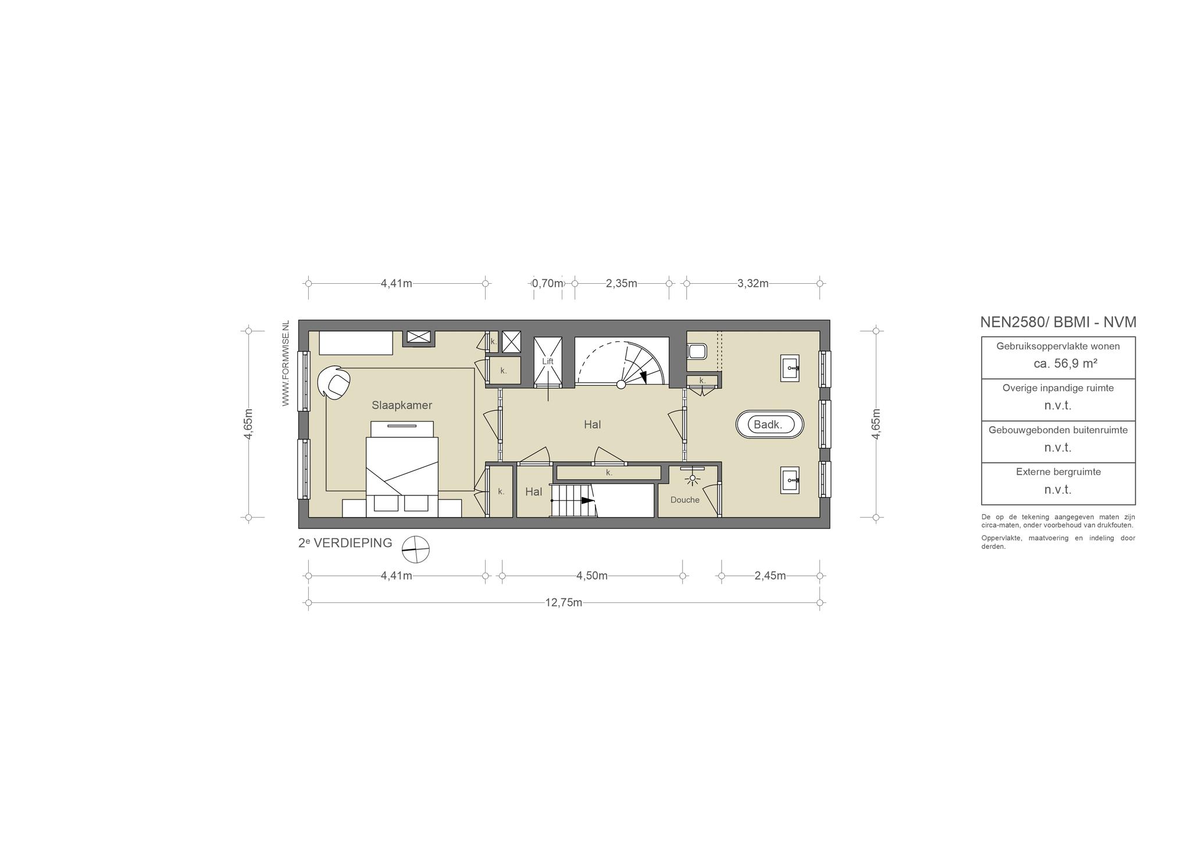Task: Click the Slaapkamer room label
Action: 402,405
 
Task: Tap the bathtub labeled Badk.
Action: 770,424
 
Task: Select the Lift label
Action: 548,361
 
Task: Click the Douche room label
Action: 685,500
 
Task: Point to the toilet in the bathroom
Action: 697,352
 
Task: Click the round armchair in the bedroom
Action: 334,382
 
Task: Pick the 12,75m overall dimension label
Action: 564,602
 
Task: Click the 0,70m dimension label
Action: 548,284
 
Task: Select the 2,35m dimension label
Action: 622,284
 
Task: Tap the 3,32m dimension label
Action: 753,284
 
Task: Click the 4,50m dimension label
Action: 592,576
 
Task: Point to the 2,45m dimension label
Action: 771,576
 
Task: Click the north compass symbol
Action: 416,550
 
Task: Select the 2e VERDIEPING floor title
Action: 345,543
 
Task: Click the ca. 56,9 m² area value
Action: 1065,364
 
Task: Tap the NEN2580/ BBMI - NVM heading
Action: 1058,322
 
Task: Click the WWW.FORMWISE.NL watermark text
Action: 286,363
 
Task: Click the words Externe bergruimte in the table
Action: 1058,472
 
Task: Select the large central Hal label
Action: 593,424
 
